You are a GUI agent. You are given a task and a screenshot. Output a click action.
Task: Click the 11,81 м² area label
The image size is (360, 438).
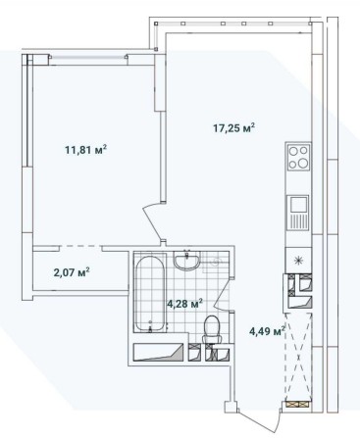click(86, 150)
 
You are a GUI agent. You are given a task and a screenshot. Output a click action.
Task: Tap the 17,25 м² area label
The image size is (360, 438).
click(233, 128)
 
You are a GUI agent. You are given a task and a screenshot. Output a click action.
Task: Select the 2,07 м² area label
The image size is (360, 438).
click(72, 272)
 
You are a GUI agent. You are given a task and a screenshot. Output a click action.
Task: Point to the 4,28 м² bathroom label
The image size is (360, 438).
click(184, 304)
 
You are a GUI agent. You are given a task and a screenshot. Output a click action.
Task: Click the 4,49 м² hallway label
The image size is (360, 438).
click(267, 331)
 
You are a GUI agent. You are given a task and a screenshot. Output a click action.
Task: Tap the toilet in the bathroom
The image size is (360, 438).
click(213, 329)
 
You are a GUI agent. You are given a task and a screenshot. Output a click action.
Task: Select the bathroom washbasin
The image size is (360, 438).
click(186, 260)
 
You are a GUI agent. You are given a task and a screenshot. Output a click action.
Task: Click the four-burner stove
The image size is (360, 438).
click(298, 157)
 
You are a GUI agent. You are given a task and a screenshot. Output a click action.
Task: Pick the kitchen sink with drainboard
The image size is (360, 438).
click(298, 213)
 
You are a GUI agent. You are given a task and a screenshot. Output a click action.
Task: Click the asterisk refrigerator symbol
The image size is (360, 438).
click(298, 261)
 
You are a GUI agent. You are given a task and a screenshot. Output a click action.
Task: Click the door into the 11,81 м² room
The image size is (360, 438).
click(153, 221)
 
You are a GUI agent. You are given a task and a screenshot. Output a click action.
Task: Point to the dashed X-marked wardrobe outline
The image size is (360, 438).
click(297, 356)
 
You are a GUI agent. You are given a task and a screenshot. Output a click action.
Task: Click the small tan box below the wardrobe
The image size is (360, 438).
click(297, 404)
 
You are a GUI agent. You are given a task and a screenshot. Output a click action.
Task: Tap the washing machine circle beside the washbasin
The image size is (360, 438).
click(216, 262)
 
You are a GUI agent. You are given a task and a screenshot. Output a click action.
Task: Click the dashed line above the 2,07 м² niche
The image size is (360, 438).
click(80, 246)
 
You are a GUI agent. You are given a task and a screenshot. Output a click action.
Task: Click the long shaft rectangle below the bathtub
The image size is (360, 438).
click(158, 352)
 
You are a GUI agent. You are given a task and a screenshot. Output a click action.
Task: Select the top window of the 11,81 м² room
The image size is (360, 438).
click(89, 57)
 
